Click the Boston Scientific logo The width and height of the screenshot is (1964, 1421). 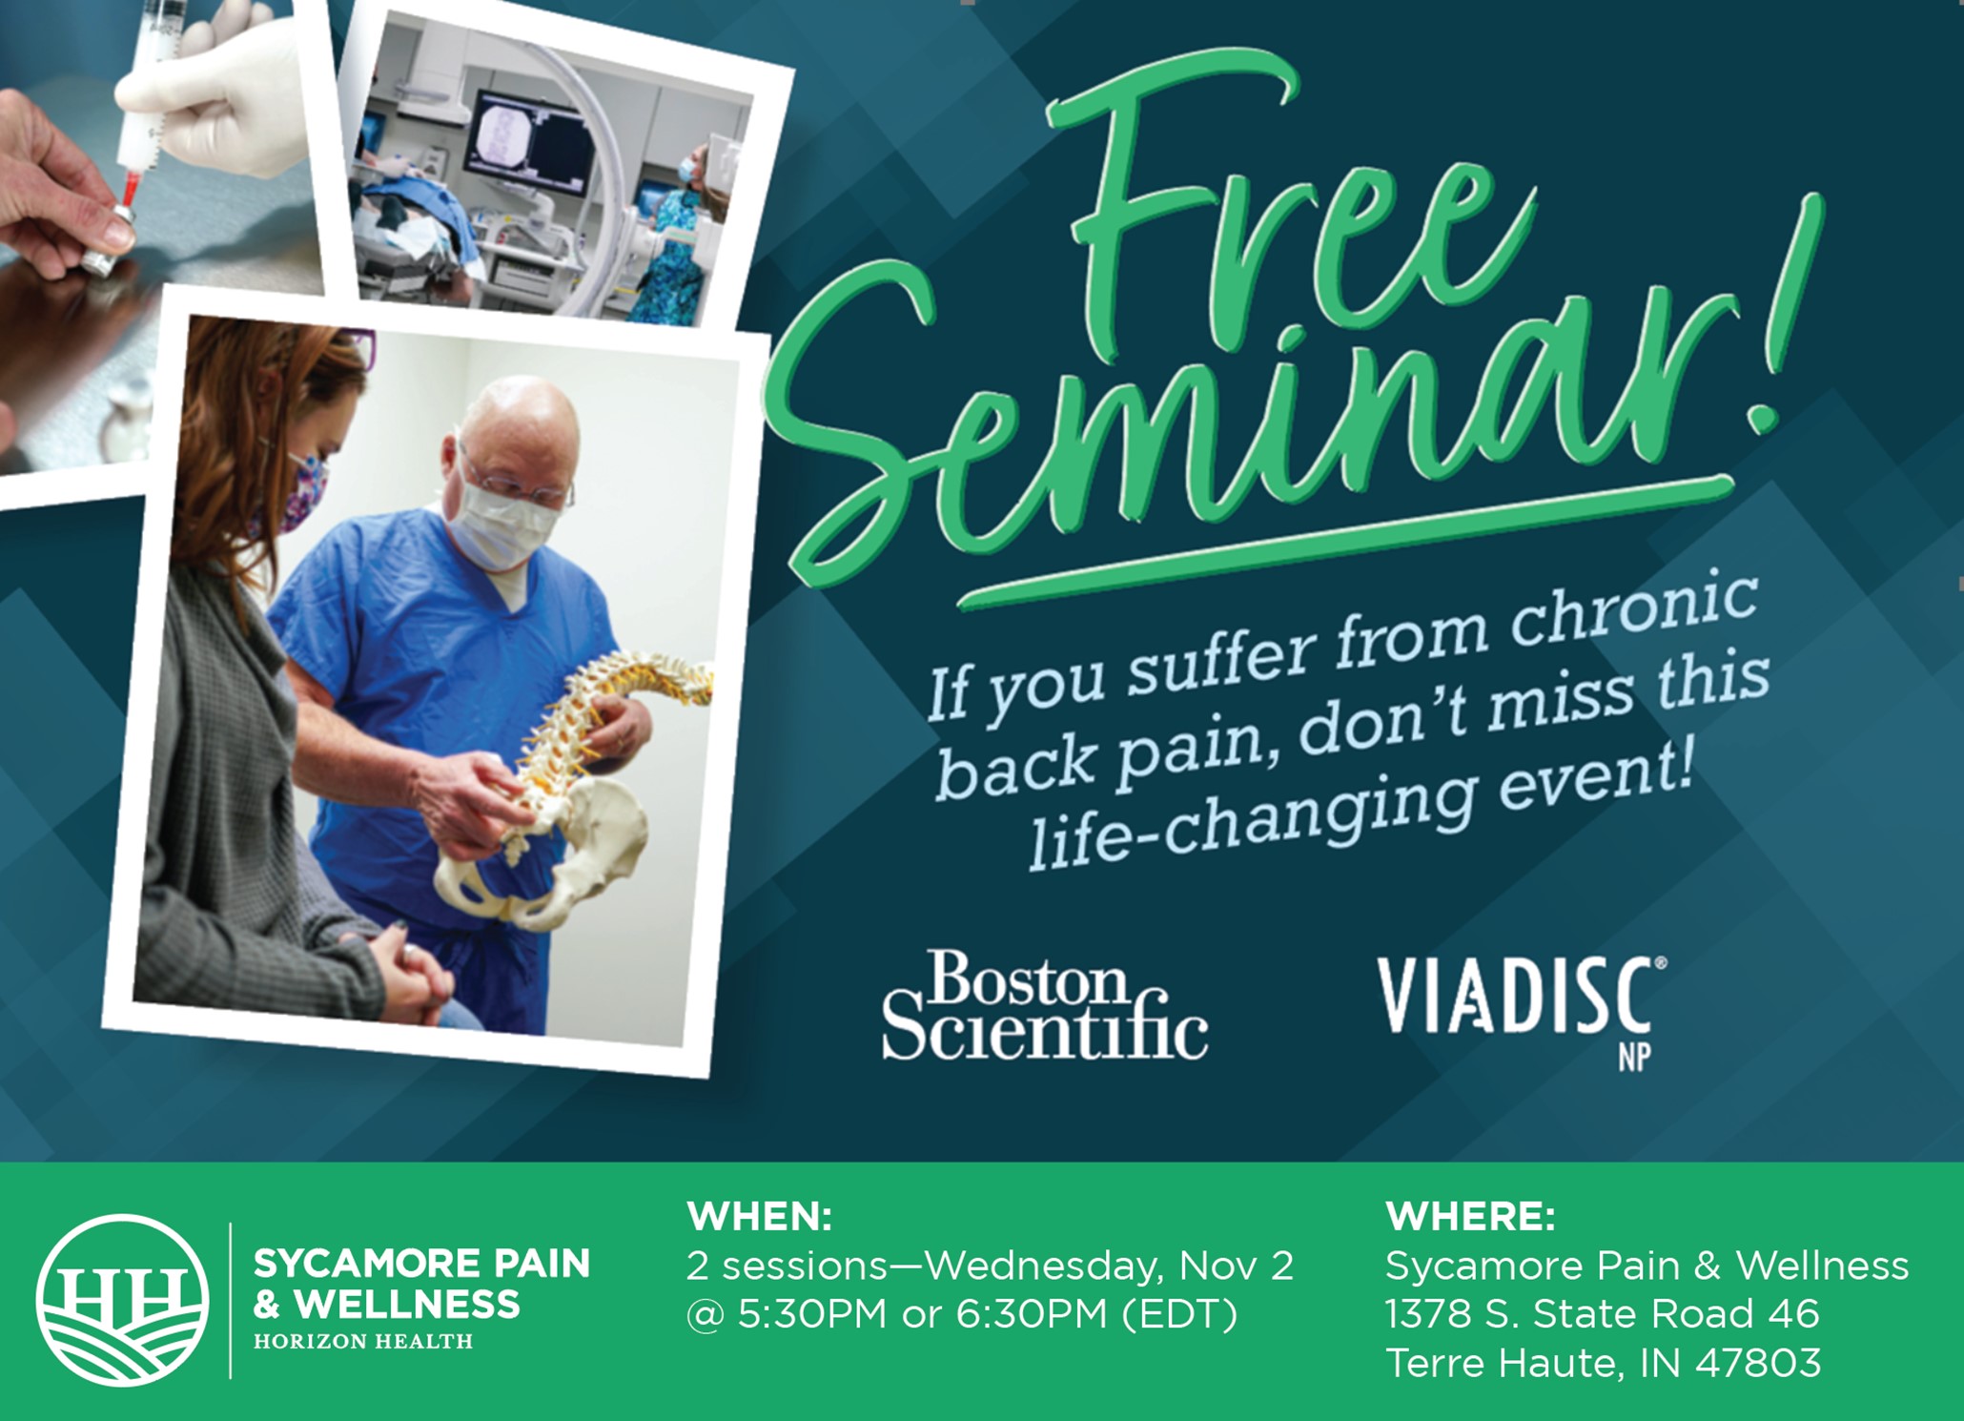[x=1044, y=1005]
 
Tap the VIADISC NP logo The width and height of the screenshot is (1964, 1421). [x=1522, y=1011]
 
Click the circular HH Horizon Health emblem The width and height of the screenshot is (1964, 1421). [x=122, y=1300]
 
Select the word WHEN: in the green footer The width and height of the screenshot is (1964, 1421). [x=760, y=1217]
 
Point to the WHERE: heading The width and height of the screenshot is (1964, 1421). [x=1470, y=1217]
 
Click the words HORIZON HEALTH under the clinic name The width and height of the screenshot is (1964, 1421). [x=363, y=1341]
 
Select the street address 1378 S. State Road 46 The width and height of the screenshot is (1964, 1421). [x=1603, y=1314]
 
